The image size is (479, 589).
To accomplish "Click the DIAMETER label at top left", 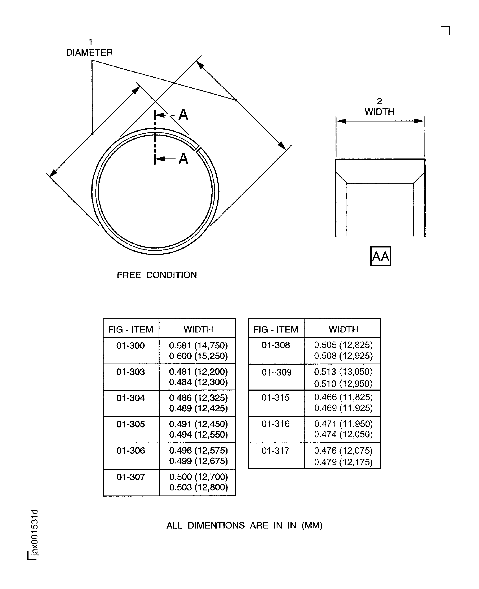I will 89,53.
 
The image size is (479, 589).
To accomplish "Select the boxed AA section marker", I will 380,256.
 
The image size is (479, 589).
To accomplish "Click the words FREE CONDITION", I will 157,275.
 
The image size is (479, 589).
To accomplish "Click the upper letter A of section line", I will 183,115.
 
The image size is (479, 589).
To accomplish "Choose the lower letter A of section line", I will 183,159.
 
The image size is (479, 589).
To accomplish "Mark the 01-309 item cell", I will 276,372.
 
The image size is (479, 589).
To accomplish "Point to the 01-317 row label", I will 275,451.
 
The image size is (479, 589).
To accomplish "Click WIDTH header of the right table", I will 343,329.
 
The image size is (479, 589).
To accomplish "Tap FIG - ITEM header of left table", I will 130,329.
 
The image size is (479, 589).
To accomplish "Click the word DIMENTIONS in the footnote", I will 216,525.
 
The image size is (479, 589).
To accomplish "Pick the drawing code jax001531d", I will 34,533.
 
